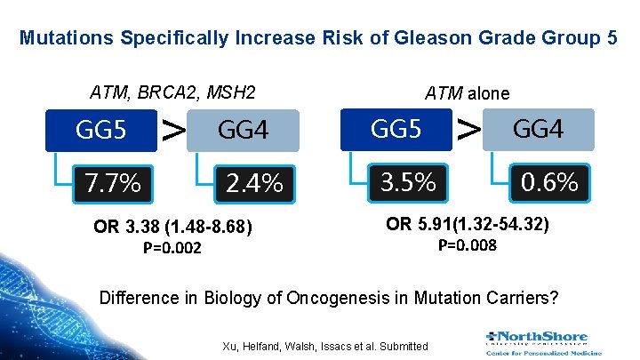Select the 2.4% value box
click(253, 183)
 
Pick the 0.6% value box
click(549, 181)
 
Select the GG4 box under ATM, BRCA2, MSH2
click(243, 132)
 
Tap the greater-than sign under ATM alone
click(469, 129)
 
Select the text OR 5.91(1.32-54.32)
click(468, 225)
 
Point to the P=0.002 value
click(172, 248)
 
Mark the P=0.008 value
click(468, 244)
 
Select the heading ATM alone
click(468, 92)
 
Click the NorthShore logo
click(538, 342)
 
